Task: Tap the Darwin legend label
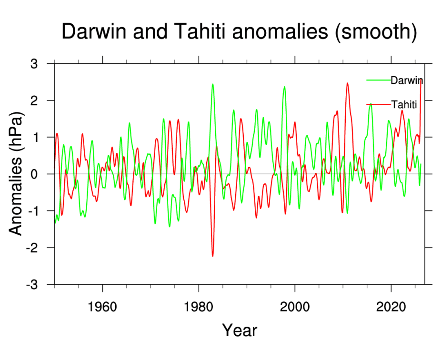pyautogui.click(x=406, y=80)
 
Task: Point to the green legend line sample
pyautogui.click(x=378, y=80)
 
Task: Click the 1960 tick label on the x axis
pyautogui.click(x=102, y=305)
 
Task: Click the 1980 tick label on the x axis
pyautogui.click(x=199, y=305)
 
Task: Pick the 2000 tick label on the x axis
pyautogui.click(x=295, y=305)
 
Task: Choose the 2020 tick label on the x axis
pyautogui.click(x=391, y=305)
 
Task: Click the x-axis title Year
pyautogui.click(x=240, y=330)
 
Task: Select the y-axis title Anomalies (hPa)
pyautogui.click(x=16, y=174)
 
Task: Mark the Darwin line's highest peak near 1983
pyautogui.click(x=212, y=84)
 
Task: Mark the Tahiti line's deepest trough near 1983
pyautogui.click(x=212, y=256)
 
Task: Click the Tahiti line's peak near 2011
pyautogui.click(x=347, y=83)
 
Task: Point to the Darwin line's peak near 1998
pyautogui.click(x=284, y=87)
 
